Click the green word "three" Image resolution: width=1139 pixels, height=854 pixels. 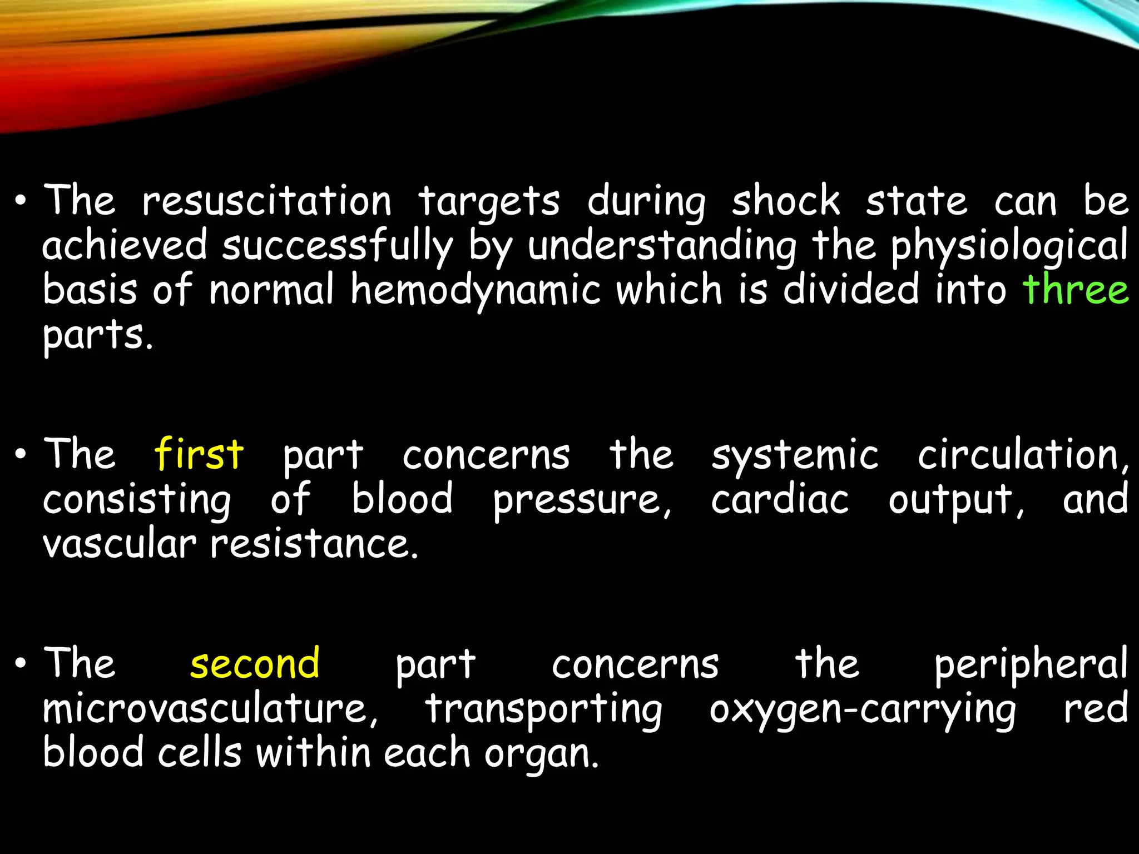click(x=1076, y=289)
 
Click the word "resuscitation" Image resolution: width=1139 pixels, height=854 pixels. click(x=267, y=201)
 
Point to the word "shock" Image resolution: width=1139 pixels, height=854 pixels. click(x=786, y=201)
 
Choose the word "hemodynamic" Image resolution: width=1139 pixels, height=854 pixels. click(x=476, y=290)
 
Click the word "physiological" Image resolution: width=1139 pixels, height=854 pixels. click(x=1009, y=246)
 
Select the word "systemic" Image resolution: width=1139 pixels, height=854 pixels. click(x=795, y=455)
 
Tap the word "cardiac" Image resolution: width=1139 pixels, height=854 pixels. click(x=780, y=499)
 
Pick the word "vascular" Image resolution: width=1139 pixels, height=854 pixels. click(x=120, y=543)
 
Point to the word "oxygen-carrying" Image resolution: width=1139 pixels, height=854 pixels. click(x=862, y=709)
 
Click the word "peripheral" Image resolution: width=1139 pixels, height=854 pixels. click(x=1031, y=664)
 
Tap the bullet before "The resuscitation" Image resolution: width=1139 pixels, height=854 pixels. click(x=21, y=202)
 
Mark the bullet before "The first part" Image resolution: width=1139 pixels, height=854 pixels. click(x=21, y=455)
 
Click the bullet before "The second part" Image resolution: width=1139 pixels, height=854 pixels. click(x=21, y=664)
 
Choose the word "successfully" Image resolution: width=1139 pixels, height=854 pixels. click(x=338, y=246)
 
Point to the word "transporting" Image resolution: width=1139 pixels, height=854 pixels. click(x=543, y=709)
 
